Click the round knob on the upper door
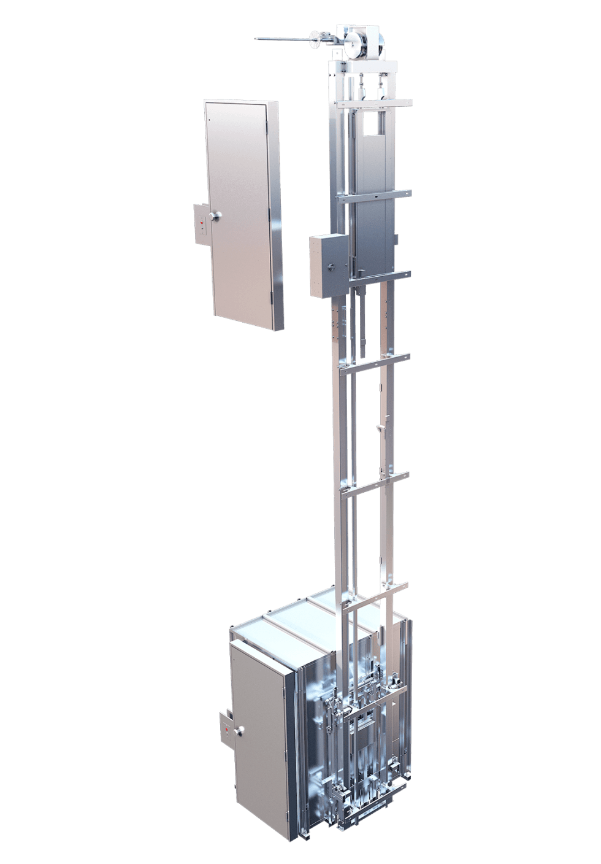215,216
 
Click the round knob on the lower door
242,730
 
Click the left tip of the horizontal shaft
257,39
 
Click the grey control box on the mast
326,266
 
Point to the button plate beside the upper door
200,225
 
